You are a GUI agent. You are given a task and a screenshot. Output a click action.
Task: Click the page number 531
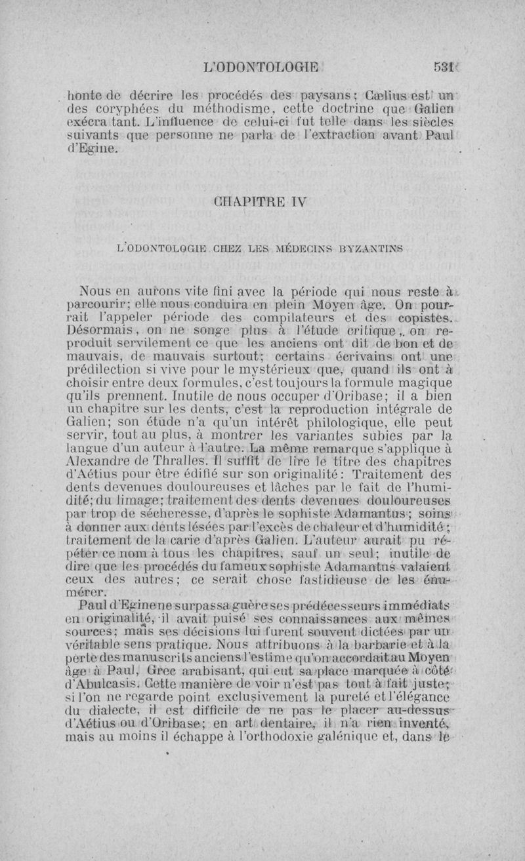point(445,66)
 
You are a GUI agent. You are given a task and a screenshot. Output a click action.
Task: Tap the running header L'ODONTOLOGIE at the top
point(261,66)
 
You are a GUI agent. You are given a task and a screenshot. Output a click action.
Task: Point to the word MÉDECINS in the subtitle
point(300,250)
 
